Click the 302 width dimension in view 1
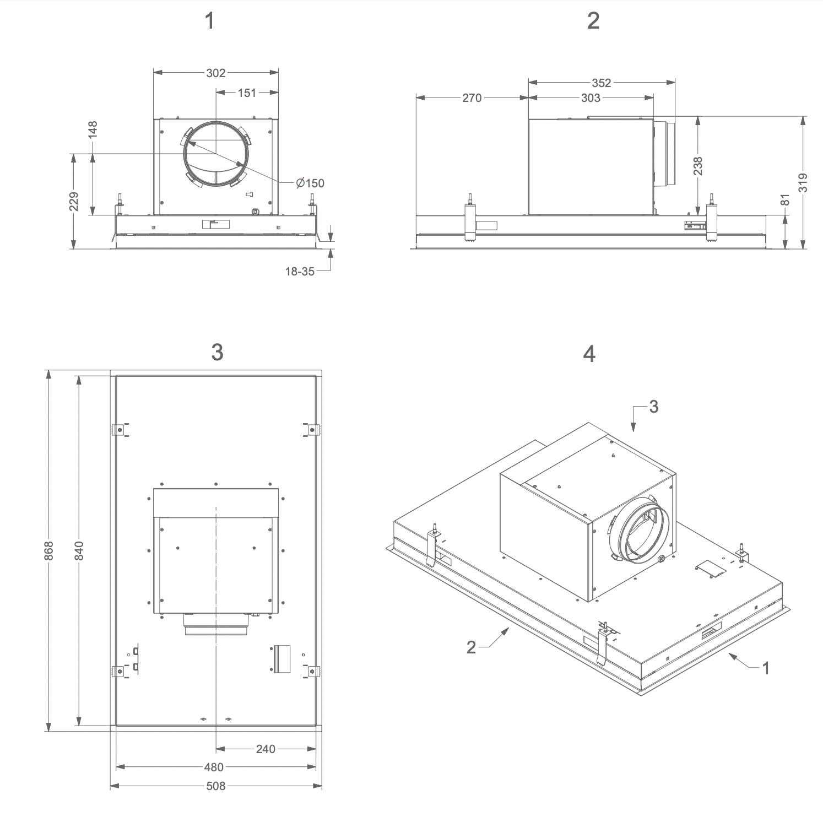pyautogui.click(x=216, y=73)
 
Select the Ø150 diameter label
pyautogui.click(x=310, y=183)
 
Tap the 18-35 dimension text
pyautogui.click(x=300, y=271)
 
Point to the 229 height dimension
pyautogui.click(x=74, y=201)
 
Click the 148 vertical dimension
pyautogui.click(x=93, y=130)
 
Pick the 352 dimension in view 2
pyautogui.click(x=602, y=83)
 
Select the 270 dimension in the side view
pyautogui.click(x=472, y=98)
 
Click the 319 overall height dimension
pyautogui.click(x=803, y=182)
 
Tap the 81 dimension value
pyautogui.click(x=786, y=199)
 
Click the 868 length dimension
pyautogui.click(x=49, y=551)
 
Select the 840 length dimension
pyautogui.click(x=79, y=551)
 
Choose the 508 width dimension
pyautogui.click(x=215, y=786)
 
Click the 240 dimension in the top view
pyautogui.click(x=266, y=749)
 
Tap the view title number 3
pyautogui.click(x=217, y=353)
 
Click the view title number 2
pyautogui.click(x=593, y=21)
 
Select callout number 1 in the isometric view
pyautogui.click(x=766, y=668)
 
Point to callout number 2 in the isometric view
pyautogui.click(x=471, y=647)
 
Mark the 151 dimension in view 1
pyautogui.click(x=247, y=93)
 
